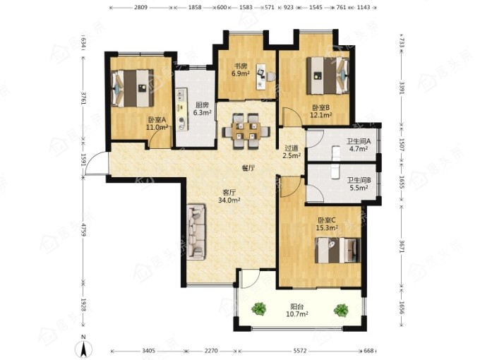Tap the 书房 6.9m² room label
coord(241,69)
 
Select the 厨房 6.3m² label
coord(203,109)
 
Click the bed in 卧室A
coord(132,88)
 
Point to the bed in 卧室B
coord(328,76)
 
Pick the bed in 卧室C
coord(338,250)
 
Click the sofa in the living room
coord(196,232)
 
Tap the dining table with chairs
coord(246,131)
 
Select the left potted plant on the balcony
coord(259,309)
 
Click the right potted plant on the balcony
coord(341,310)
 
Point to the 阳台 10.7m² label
coord(296,310)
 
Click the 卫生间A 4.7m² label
coord(359,145)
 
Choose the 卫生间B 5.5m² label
coord(359,184)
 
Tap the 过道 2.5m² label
coord(292,152)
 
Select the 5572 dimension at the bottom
coord(300,351)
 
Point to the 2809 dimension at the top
coord(141,7)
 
